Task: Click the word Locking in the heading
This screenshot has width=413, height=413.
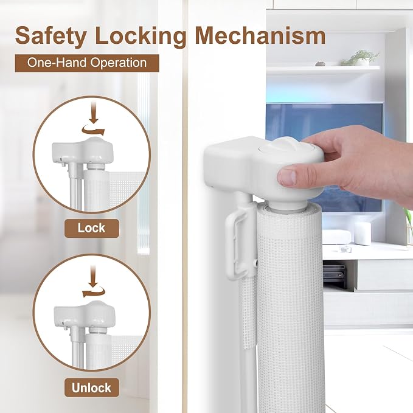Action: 141,36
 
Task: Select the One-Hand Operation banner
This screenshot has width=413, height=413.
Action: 87,63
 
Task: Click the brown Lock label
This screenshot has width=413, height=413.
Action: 92,228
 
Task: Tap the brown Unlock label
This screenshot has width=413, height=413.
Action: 92,387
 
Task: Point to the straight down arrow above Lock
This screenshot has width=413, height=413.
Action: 94,113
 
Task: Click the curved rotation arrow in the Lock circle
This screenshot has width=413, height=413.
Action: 93,130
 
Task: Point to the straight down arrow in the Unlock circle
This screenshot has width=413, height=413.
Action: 92,276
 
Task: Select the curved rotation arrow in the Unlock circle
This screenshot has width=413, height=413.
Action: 94,292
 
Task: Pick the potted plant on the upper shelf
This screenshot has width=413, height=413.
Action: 360,58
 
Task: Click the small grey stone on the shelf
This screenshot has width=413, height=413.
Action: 321,63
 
